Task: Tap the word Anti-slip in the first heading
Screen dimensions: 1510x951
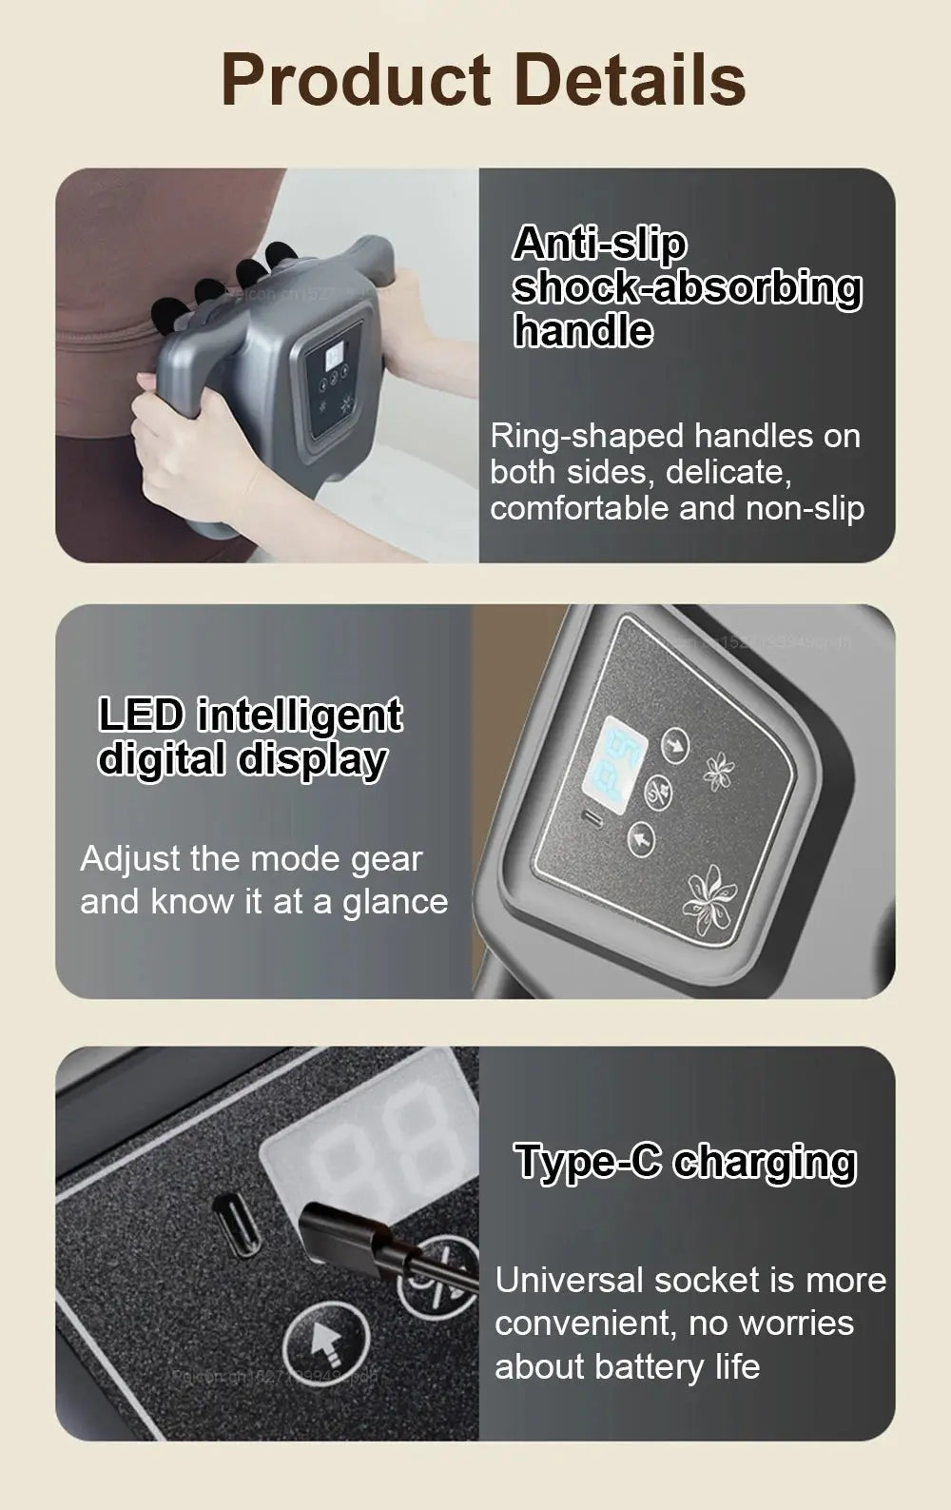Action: click(599, 244)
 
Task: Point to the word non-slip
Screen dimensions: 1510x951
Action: click(805, 508)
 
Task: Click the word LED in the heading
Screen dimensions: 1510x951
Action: click(142, 716)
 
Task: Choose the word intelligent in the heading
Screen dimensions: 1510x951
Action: click(301, 716)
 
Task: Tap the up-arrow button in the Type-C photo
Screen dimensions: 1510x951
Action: click(326, 1343)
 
